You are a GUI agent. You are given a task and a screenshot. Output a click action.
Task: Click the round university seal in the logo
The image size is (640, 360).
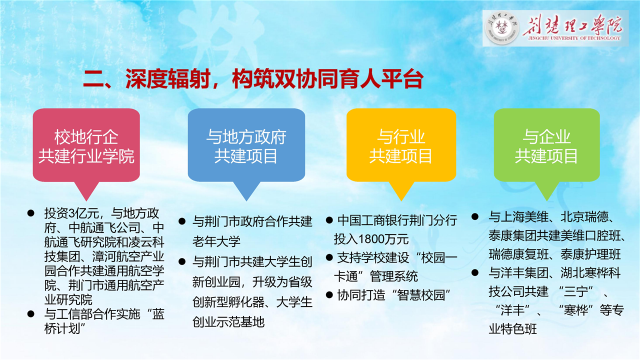point(502,28)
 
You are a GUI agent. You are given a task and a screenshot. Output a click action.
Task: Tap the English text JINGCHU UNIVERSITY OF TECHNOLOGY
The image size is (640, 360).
point(574,38)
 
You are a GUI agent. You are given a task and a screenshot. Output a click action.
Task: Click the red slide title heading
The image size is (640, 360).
point(253,78)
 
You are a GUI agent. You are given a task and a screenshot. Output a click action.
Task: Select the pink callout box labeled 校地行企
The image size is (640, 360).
point(86,145)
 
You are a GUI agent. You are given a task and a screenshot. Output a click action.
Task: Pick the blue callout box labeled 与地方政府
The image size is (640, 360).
point(246,145)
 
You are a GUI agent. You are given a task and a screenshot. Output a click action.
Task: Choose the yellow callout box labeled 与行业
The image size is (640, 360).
point(401,145)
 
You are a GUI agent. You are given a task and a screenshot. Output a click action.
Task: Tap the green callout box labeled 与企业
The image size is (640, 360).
point(547,145)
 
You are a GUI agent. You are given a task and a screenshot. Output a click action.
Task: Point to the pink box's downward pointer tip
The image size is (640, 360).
point(86,201)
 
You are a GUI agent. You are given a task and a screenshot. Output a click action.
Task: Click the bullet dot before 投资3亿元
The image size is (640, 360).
point(31,213)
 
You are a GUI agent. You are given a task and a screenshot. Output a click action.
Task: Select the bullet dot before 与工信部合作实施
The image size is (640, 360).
point(31,314)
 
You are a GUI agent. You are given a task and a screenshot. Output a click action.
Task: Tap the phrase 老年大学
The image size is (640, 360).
point(216,241)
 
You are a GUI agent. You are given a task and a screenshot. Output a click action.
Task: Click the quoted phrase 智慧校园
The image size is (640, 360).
point(421,295)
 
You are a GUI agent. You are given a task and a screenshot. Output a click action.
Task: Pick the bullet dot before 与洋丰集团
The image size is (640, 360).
point(475,272)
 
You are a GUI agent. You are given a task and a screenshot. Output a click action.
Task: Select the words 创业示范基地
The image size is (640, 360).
point(228,322)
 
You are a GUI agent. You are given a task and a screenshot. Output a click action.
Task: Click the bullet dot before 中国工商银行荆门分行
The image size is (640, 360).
point(329,220)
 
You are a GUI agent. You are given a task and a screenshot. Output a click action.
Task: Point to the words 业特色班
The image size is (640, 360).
point(512,329)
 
